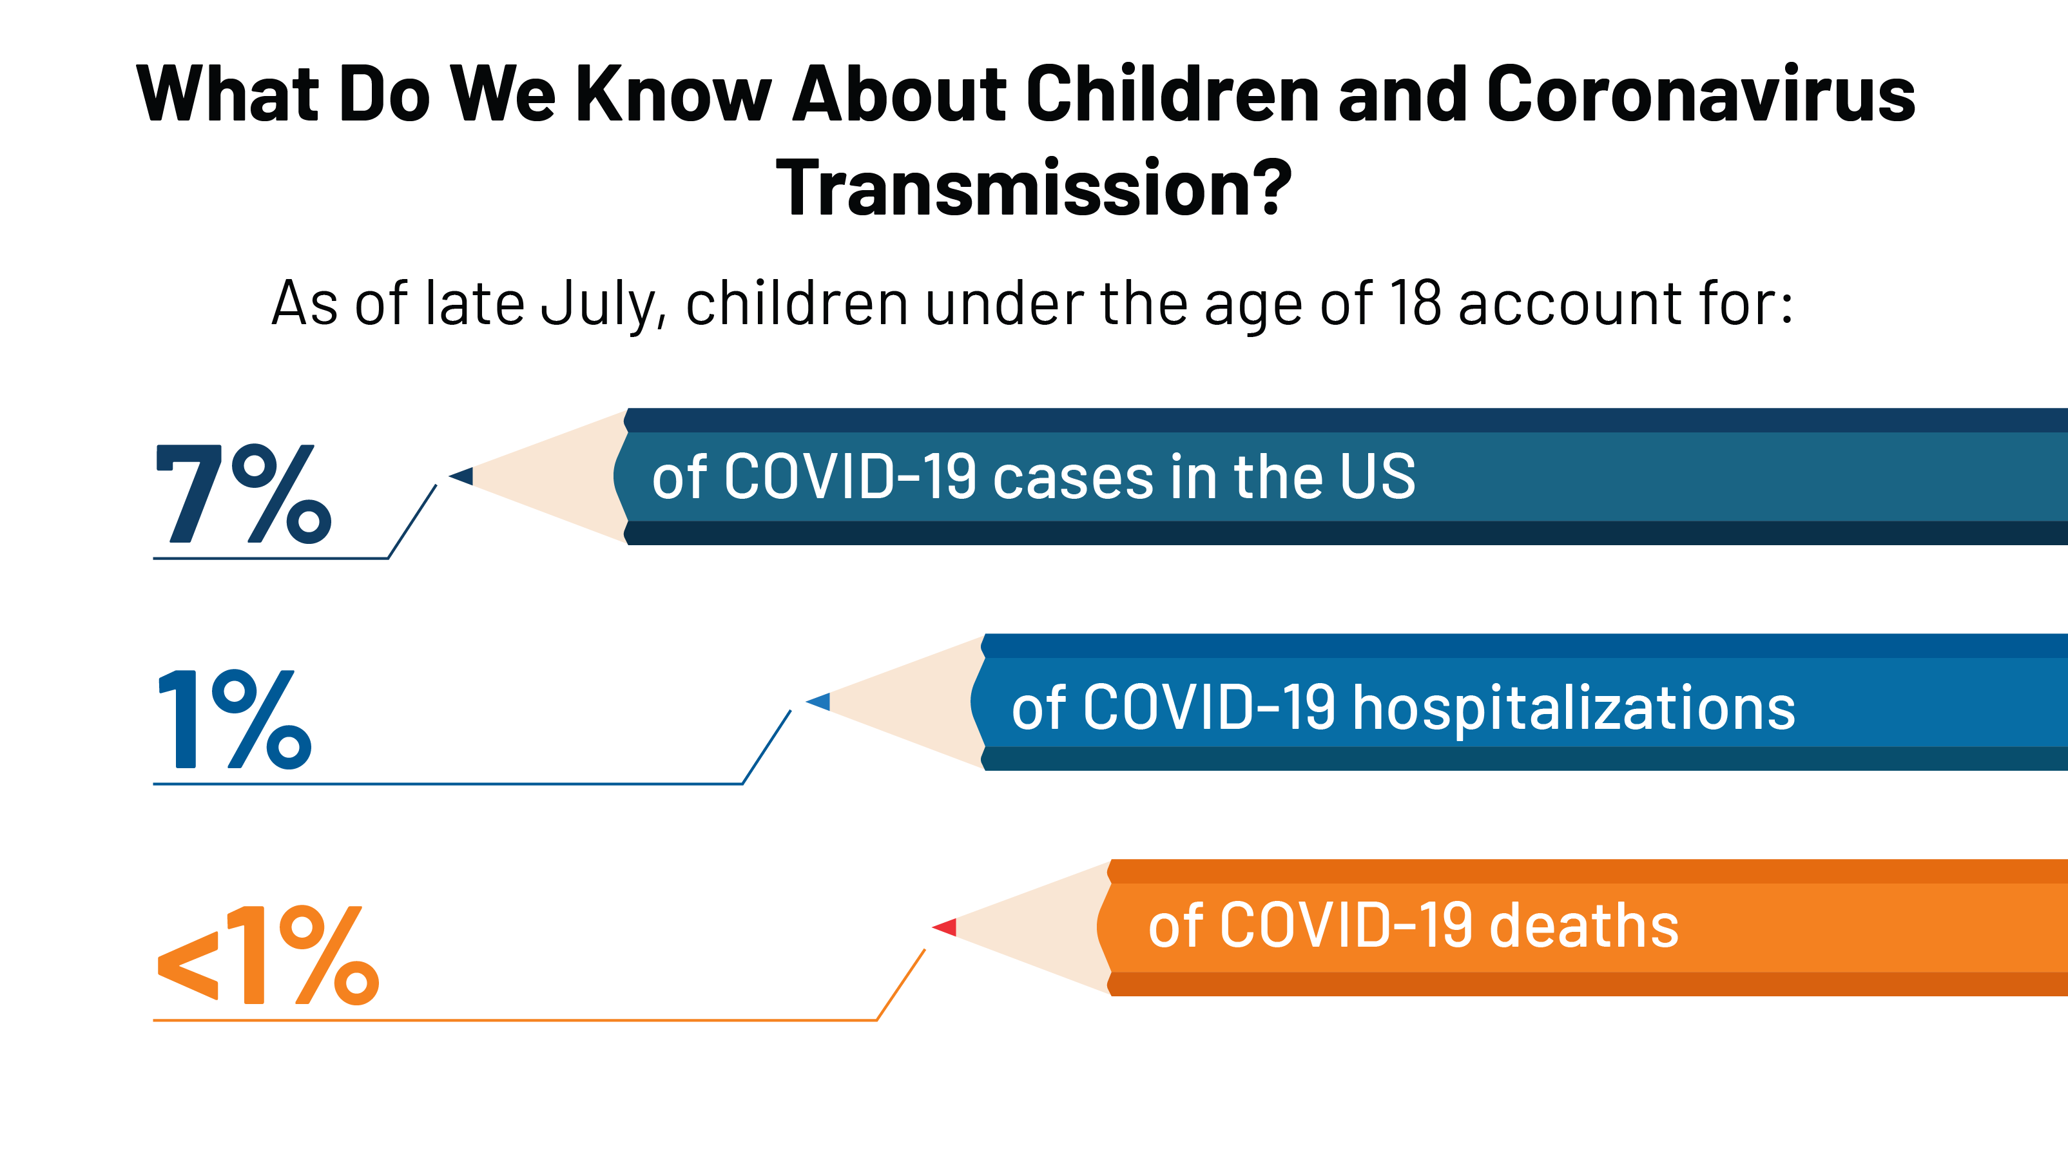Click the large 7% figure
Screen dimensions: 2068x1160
243,494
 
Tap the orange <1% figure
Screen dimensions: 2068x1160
268,955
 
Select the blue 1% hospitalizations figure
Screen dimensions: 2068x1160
235,719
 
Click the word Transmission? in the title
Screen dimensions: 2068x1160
1034,187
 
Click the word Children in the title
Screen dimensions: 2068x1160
1173,94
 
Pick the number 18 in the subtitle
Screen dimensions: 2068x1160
1415,304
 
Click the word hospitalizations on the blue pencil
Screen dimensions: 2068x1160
1574,709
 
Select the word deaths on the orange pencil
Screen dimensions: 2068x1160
1584,925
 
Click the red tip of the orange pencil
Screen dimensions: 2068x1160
945,927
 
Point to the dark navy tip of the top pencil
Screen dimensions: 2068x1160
461,476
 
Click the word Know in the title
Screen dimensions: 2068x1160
674,94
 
